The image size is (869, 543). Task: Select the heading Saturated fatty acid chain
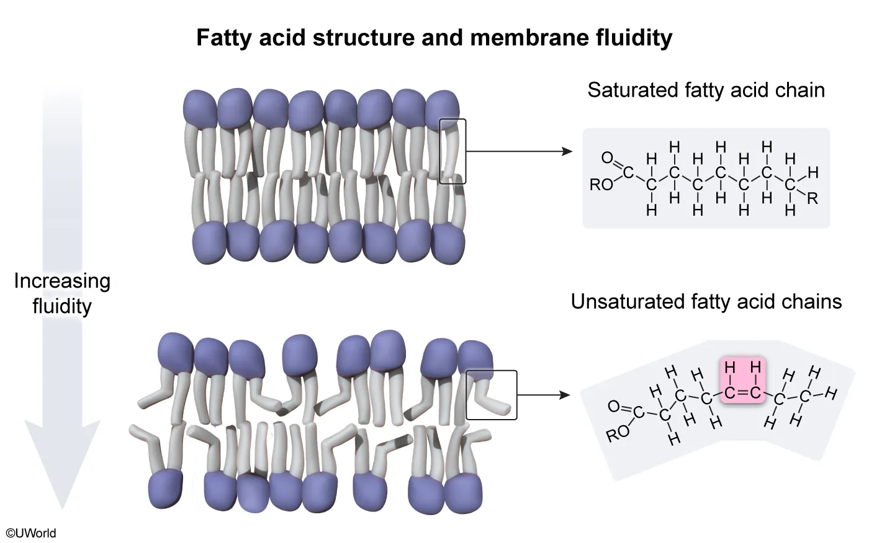coord(706,90)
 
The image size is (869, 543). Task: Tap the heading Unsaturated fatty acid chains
coord(706,302)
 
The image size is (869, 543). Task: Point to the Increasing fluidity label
coord(62,293)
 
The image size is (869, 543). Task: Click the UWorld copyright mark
coord(31,533)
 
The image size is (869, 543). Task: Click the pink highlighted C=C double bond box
coord(742,381)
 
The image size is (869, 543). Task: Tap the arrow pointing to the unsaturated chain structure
coord(543,395)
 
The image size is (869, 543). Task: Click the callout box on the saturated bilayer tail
coord(452,151)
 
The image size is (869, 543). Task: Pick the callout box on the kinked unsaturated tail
coord(491,395)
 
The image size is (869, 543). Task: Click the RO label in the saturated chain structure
coord(601,185)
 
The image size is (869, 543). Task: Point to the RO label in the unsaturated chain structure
coord(618,433)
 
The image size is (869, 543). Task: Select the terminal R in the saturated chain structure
coord(812,198)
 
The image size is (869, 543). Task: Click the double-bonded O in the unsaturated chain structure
coord(613,407)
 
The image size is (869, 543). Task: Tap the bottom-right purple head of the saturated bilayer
coord(448,242)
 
